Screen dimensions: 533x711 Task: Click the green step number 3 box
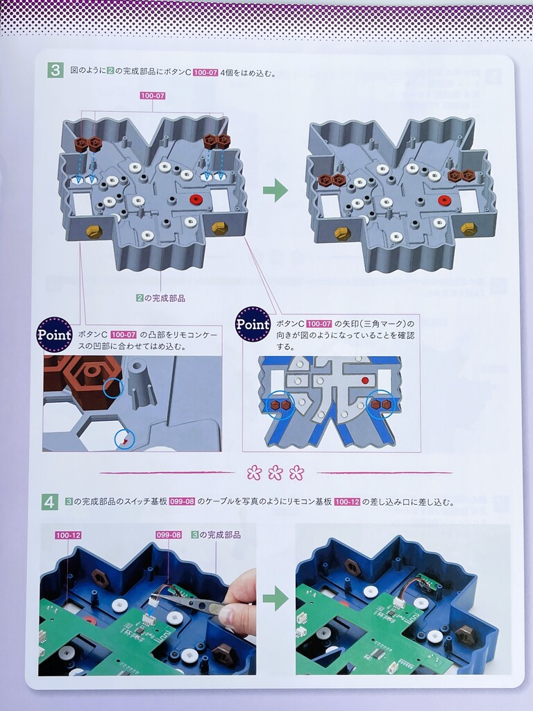click(56, 71)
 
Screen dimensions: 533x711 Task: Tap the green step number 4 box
click(50, 502)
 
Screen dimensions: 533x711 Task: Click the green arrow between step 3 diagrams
click(275, 190)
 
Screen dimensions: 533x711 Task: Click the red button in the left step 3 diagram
click(196, 200)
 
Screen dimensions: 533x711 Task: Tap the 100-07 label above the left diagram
click(152, 96)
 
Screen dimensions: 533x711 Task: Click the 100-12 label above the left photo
click(68, 535)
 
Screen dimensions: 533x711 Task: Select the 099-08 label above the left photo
click(169, 535)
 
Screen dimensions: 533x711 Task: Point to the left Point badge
click(54, 335)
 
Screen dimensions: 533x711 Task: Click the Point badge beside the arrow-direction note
click(253, 324)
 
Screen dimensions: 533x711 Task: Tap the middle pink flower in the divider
click(275, 473)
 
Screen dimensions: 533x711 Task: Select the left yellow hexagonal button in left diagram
click(94, 231)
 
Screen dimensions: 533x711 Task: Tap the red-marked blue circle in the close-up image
click(125, 439)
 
